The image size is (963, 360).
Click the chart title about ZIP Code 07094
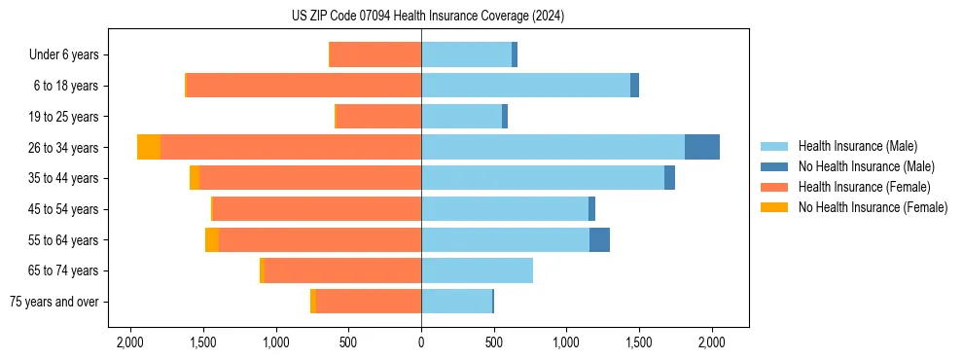point(427,17)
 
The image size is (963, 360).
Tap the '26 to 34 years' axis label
point(64,148)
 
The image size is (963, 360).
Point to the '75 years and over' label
point(54,302)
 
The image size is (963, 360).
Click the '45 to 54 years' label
point(64,209)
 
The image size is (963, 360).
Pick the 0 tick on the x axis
point(421,342)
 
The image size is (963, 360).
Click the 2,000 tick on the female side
point(130,342)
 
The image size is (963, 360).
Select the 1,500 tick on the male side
point(639,342)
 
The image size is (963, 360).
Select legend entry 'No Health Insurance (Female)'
point(873,207)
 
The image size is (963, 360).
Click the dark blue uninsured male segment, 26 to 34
point(702,147)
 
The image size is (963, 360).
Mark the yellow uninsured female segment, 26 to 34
point(149,147)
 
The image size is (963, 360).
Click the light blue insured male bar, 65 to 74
point(477,270)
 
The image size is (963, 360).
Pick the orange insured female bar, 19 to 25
point(378,117)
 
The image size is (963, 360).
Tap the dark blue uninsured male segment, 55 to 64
point(599,239)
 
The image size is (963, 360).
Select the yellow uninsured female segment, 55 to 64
point(212,239)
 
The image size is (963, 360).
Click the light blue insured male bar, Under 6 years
point(466,55)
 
